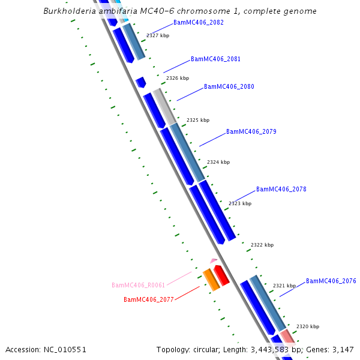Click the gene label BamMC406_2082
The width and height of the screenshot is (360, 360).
click(x=198, y=22)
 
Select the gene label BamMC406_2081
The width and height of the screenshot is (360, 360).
click(x=215, y=59)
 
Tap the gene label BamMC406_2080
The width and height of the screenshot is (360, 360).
click(x=229, y=87)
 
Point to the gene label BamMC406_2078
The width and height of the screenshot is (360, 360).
click(x=281, y=190)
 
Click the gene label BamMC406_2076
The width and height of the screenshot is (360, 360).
click(x=331, y=281)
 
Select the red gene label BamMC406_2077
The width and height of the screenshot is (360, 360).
click(x=148, y=299)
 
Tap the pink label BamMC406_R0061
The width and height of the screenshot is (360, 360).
click(x=138, y=286)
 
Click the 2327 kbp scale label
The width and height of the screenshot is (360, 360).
click(x=158, y=36)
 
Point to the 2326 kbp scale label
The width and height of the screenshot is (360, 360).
click(x=178, y=79)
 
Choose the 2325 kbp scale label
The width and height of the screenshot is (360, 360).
click(x=198, y=121)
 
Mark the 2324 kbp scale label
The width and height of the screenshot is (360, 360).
click(x=218, y=163)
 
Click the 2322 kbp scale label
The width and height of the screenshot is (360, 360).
click(x=262, y=245)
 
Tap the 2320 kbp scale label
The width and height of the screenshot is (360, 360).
click(x=308, y=327)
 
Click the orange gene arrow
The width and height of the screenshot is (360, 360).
click(x=211, y=280)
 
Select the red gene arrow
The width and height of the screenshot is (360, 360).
click(x=221, y=275)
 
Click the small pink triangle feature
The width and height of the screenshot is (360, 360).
click(x=214, y=260)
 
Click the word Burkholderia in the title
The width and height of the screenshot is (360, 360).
click(x=68, y=11)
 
